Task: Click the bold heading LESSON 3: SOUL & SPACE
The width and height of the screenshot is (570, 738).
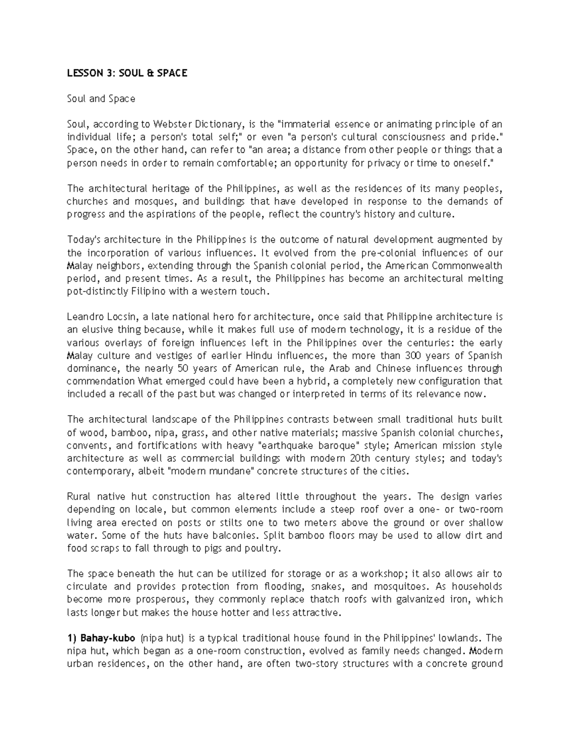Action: [127, 73]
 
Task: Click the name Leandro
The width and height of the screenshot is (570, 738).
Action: [85, 316]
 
